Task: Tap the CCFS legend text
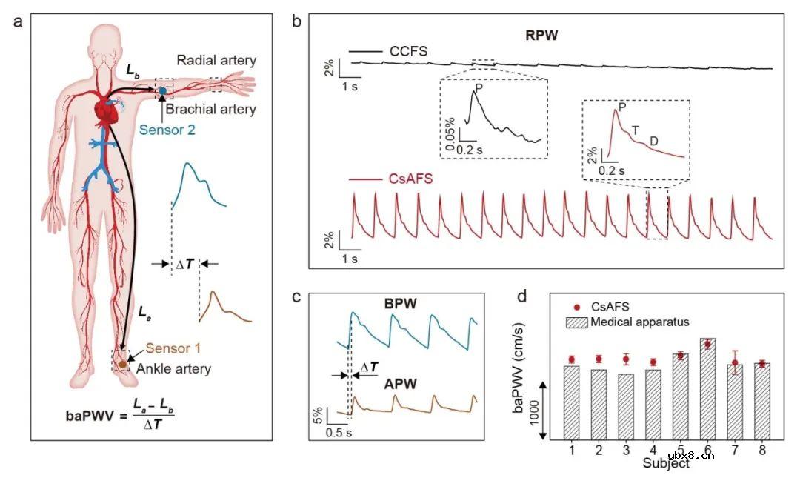point(408,51)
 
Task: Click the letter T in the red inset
point(635,130)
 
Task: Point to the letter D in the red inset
point(653,141)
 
